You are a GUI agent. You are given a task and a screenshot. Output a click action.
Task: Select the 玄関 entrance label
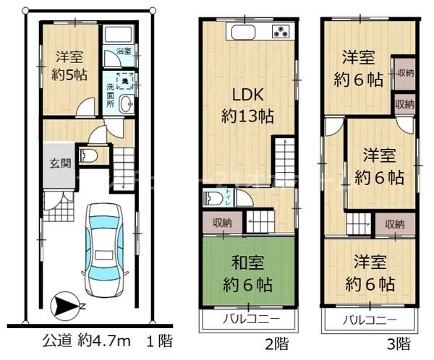59,163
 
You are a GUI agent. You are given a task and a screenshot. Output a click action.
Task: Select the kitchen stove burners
280,32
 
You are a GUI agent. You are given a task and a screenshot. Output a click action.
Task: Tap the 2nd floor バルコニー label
248,319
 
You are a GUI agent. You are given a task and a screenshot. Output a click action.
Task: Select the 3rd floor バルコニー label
370,319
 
